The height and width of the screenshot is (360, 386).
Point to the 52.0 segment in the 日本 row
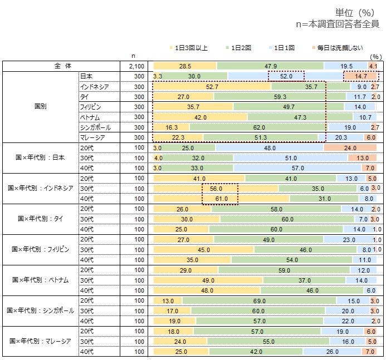coord(286,76)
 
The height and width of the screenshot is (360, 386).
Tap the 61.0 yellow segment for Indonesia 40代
coord(221,198)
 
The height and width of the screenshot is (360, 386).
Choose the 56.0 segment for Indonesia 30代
coord(216,188)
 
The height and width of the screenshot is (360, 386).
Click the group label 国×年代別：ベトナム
coord(38,279)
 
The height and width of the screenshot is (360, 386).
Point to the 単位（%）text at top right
coord(354,12)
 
